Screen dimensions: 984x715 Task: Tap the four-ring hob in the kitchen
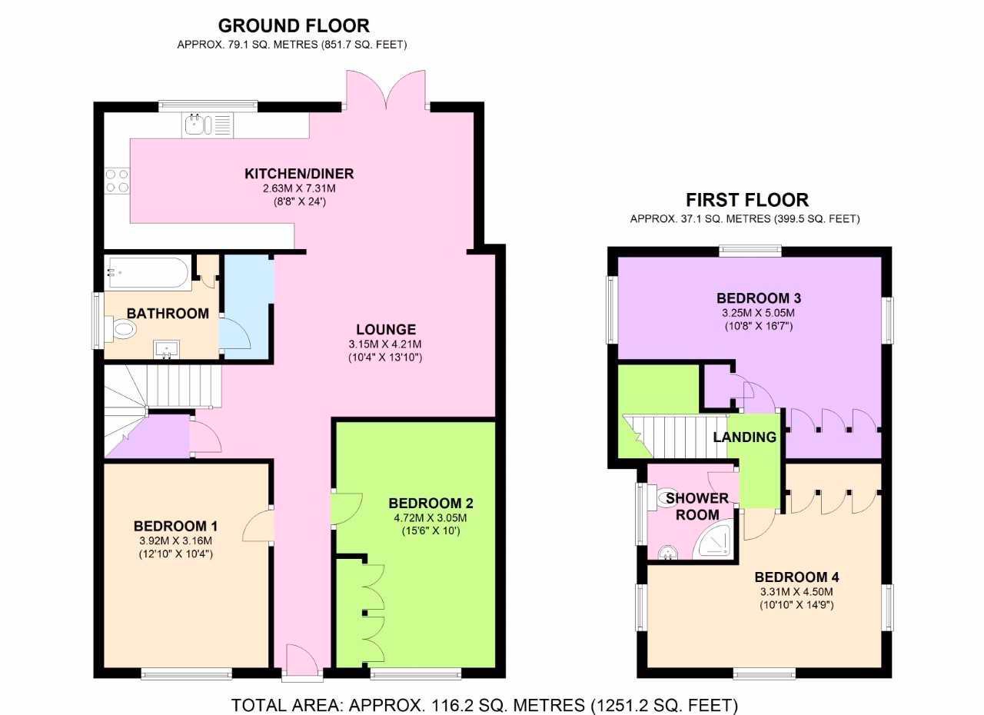click(117, 181)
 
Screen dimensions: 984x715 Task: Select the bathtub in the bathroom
click(148, 272)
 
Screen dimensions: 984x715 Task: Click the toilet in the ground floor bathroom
click(121, 329)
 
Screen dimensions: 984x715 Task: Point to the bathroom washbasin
click(167, 350)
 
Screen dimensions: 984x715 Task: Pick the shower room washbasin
click(668, 552)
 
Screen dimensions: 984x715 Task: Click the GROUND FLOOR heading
click(294, 25)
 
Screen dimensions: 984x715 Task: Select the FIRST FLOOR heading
click(746, 200)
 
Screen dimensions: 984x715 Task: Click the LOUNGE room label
click(386, 329)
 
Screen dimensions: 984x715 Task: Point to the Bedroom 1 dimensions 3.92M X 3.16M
click(176, 540)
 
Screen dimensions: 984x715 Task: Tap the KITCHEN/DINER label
click(299, 174)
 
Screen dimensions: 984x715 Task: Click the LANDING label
click(745, 437)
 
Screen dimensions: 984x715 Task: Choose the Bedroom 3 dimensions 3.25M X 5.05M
click(758, 313)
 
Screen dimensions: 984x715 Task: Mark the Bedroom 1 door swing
click(258, 525)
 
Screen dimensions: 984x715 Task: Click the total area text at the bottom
click(484, 693)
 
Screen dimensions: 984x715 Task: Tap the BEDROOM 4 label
click(796, 577)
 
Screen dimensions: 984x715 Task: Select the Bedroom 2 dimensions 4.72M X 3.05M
click(430, 518)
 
